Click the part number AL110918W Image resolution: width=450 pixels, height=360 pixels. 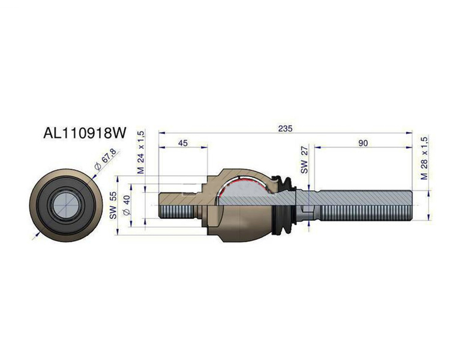(x=85, y=133)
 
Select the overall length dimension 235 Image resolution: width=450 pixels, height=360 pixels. (x=285, y=128)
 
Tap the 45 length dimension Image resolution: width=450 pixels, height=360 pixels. (x=183, y=143)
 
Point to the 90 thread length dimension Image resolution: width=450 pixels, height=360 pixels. (x=363, y=143)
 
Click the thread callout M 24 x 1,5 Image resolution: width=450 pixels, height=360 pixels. (x=140, y=152)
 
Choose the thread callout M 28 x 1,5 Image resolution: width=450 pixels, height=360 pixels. (x=424, y=158)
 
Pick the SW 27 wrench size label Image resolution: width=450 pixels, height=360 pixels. (x=304, y=160)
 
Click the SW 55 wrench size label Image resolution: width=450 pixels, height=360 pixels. (x=113, y=206)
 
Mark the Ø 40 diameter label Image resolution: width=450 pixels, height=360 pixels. (x=127, y=205)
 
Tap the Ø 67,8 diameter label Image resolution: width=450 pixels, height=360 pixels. (x=106, y=160)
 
